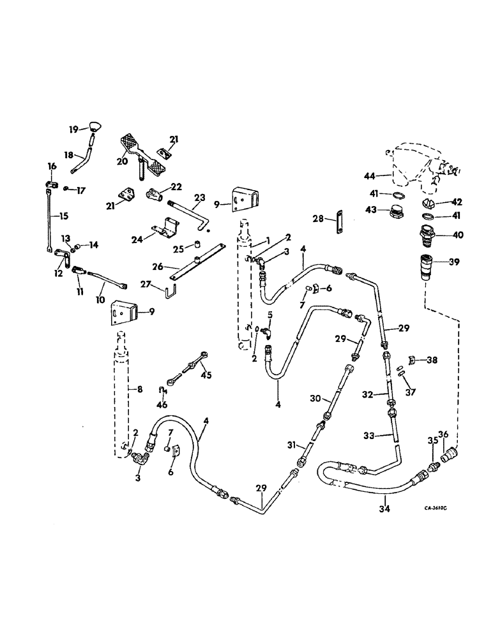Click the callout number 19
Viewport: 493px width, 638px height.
pos(73,130)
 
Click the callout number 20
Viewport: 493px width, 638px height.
pos(122,161)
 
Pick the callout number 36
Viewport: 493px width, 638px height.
pos(446,436)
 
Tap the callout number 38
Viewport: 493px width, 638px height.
pos(433,360)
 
